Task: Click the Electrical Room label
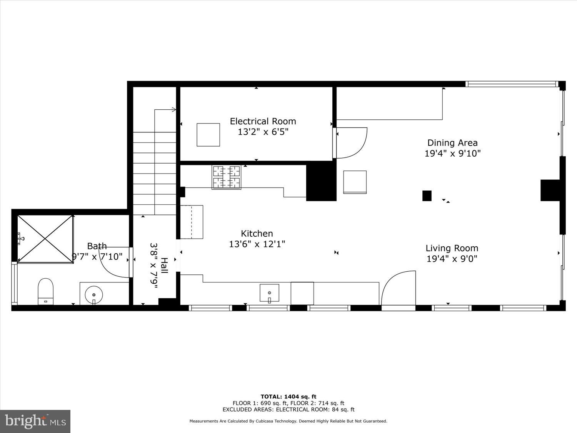coord(263,121)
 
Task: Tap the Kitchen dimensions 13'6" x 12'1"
coord(257,244)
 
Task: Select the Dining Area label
coord(452,143)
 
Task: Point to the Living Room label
coord(452,248)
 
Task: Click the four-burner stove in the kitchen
coord(227,177)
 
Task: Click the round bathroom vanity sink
coord(94,294)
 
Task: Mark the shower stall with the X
coord(45,239)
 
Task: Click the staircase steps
coord(155,173)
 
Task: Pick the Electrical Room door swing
coord(351,143)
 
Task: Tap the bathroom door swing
coord(115,262)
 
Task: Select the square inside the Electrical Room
coord(208,135)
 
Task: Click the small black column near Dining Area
coord(427,196)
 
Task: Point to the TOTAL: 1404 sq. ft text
coord(288,396)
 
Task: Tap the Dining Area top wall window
coord(511,84)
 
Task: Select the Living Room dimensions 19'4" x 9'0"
coord(452,259)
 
